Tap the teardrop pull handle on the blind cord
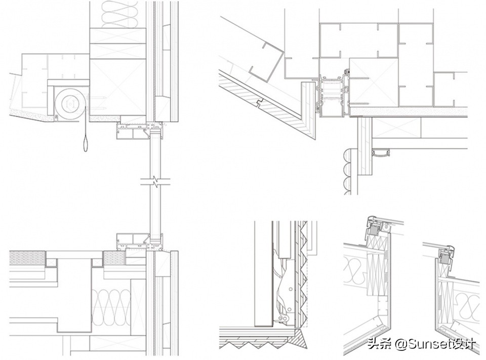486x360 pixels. (86, 144)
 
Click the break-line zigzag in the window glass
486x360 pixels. (155, 182)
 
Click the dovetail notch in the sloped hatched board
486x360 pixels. (260, 103)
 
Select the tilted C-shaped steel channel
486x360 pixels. (266, 62)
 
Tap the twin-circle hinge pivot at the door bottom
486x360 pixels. (282, 319)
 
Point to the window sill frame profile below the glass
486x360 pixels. (140, 242)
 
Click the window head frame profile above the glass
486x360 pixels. (140, 131)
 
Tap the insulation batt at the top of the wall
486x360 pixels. (119, 14)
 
